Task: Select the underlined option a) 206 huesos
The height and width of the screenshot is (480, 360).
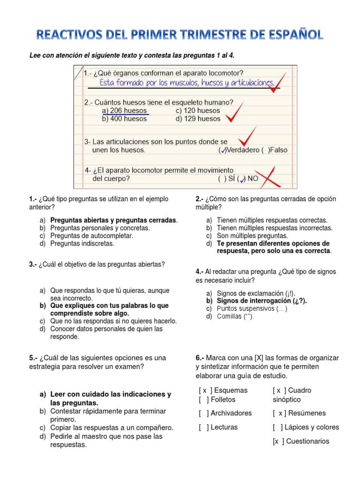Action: [125, 111]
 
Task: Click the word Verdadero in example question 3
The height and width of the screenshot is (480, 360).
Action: [243, 150]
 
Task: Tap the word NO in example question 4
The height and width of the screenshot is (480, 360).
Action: [253, 178]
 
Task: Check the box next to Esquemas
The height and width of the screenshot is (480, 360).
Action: [205, 390]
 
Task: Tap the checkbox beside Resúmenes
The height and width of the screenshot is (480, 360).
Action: [279, 413]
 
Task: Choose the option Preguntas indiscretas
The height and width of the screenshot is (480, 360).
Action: [82, 243]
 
